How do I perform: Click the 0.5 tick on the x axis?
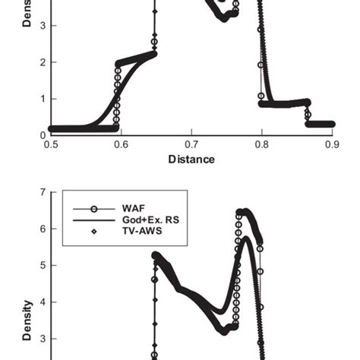(x=52, y=144)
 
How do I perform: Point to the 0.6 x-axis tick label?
(x=122, y=144)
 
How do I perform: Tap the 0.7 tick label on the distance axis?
(x=191, y=144)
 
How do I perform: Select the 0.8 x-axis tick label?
(x=262, y=144)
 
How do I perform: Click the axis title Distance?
(x=191, y=159)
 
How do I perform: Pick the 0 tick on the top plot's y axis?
(x=44, y=135)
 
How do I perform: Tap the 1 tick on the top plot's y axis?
(x=44, y=99)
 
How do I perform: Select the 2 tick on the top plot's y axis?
(x=44, y=62)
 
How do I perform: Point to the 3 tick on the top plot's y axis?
(x=44, y=26)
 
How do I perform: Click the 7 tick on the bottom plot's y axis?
(x=44, y=193)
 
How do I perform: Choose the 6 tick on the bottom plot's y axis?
(x=44, y=229)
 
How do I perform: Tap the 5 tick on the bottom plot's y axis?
(x=44, y=266)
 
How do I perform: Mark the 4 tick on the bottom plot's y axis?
(x=44, y=302)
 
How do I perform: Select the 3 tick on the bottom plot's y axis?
(x=44, y=339)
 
